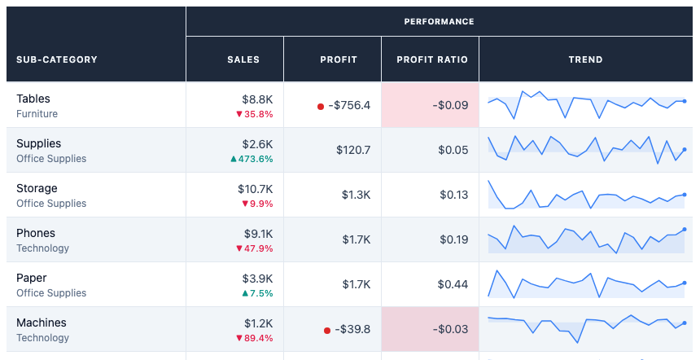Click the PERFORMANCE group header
coord(439,21)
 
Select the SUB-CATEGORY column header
coord(57,59)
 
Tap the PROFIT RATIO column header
coord(432,59)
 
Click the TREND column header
coord(586,59)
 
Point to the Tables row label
coord(33,99)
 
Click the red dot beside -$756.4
coord(321,107)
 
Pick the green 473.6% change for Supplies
coord(252,159)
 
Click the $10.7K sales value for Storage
coord(256,189)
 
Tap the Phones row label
coord(36,233)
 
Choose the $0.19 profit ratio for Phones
coord(454,239)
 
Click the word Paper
coord(31,278)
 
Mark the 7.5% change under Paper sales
coord(257,293)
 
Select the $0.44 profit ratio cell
coord(453,284)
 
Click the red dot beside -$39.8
coord(326,331)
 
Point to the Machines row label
coord(41,323)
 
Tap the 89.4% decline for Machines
coord(255,338)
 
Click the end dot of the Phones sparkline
coord(685,230)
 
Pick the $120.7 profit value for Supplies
coord(353,150)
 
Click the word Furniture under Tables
coord(37,114)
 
